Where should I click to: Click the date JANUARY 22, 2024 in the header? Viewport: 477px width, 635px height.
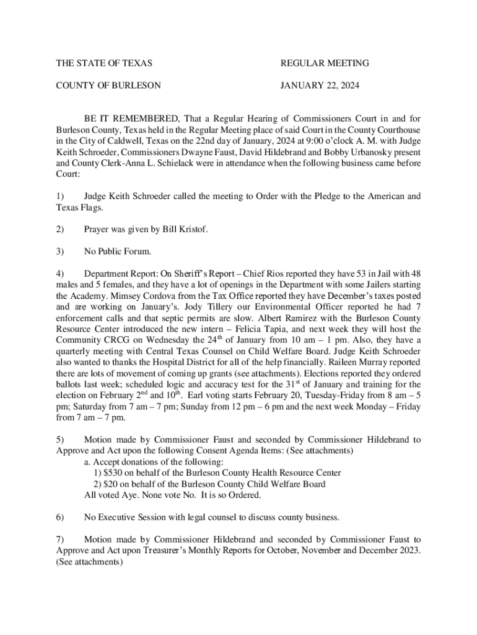[x=320, y=86]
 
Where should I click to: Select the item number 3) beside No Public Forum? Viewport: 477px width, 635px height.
[x=60, y=252]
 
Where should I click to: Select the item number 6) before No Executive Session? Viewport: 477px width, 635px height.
[x=60, y=517]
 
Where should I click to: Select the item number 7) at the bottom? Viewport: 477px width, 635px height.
[x=60, y=540]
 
